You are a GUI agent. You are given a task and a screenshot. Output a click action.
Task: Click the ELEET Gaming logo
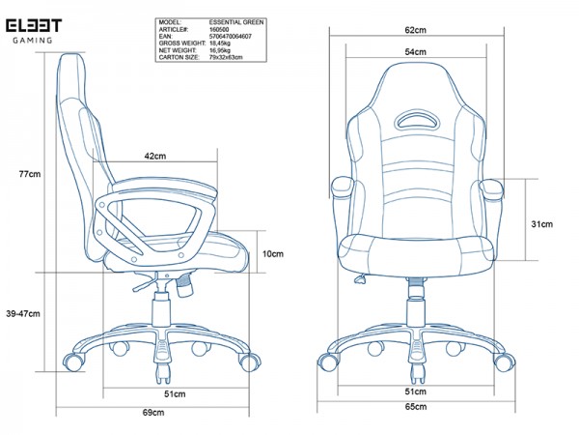[x=34, y=31]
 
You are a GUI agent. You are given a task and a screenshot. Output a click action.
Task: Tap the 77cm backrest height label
[x=30, y=174]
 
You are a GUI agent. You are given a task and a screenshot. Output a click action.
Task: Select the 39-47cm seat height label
[x=23, y=313]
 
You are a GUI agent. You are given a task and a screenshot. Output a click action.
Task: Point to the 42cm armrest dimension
[x=155, y=156]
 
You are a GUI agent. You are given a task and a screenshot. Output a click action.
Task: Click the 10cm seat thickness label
[x=273, y=253]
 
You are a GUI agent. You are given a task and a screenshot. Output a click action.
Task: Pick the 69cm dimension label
[x=153, y=413]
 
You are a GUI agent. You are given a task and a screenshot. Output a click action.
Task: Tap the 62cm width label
[x=415, y=30]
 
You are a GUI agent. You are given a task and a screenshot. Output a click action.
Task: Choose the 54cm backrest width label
[x=415, y=52]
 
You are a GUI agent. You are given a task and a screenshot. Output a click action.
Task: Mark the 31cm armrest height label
[x=541, y=224]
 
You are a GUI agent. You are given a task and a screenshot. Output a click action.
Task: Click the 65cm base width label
[x=416, y=407]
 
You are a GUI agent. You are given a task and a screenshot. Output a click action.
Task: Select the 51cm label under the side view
[x=175, y=394]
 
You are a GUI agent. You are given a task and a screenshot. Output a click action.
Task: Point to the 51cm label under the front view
[x=415, y=391]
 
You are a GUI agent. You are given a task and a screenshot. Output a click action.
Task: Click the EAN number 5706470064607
[x=231, y=37]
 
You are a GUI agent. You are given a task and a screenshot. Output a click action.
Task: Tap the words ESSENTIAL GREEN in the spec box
[x=236, y=22]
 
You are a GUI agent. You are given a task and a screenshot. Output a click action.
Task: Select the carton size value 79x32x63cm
[x=226, y=57]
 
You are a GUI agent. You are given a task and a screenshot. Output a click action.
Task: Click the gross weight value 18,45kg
[x=220, y=43]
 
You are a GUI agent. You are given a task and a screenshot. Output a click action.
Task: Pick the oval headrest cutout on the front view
[x=416, y=120]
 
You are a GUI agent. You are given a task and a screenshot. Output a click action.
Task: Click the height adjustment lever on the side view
[x=145, y=284]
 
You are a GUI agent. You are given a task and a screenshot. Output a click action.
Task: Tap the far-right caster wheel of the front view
[x=504, y=362]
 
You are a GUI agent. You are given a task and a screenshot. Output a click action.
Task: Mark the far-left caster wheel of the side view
[x=73, y=362]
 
